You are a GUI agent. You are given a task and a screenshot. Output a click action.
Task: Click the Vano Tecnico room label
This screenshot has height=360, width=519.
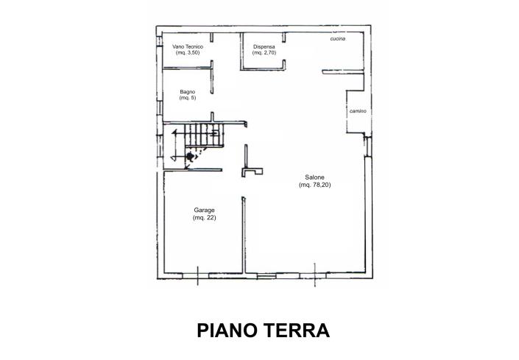(188, 46)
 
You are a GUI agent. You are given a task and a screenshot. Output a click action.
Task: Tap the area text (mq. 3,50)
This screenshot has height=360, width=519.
(188, 53)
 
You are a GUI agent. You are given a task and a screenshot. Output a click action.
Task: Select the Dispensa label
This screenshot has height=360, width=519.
(264, 46)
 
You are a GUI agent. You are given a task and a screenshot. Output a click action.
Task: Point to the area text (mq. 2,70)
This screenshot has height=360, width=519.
(264, 53)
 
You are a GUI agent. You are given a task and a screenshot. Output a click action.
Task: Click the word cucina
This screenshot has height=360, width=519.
(339, 40)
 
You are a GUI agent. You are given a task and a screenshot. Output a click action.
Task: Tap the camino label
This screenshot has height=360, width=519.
(358, 111)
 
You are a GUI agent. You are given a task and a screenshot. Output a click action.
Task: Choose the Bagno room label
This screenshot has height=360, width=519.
(188, 91)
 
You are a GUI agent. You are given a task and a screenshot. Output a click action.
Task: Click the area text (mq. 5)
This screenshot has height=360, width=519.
(188, 98)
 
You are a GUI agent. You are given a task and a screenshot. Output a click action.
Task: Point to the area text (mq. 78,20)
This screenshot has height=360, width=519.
(315, 185)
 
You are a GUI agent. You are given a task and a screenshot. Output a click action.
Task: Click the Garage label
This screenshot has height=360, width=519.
(204, 211)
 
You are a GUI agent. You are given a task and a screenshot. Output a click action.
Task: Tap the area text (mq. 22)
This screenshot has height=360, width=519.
(204, 218)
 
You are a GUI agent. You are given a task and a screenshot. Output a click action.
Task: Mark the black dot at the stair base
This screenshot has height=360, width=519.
(190, 156)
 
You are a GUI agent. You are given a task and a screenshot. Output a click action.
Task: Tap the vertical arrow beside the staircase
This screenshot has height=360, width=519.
(174, 144)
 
